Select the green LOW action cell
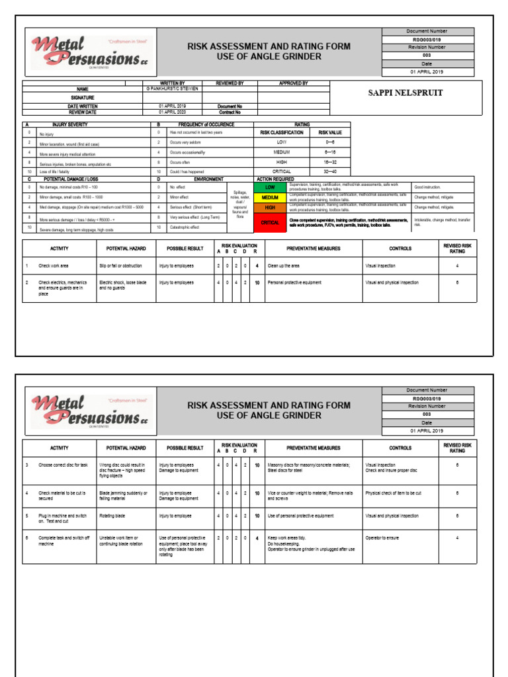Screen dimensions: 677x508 pos(271,187)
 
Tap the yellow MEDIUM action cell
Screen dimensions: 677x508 pos(271,197)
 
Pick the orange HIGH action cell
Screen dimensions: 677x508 pos(271,207)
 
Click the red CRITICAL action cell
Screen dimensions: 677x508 pos(271,223)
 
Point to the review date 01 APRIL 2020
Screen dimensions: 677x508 pos(172,112)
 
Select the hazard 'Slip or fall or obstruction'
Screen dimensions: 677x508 pos(120,266)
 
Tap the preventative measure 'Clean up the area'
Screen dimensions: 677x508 pos(284,266)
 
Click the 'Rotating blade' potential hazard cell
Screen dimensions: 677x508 pos(113,516)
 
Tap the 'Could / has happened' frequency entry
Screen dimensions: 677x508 pos(187,171)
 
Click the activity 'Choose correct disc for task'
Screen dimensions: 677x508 pos(63,465)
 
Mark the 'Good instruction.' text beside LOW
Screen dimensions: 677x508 pos(428,187)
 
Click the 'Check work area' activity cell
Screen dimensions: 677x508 pos(54,266)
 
